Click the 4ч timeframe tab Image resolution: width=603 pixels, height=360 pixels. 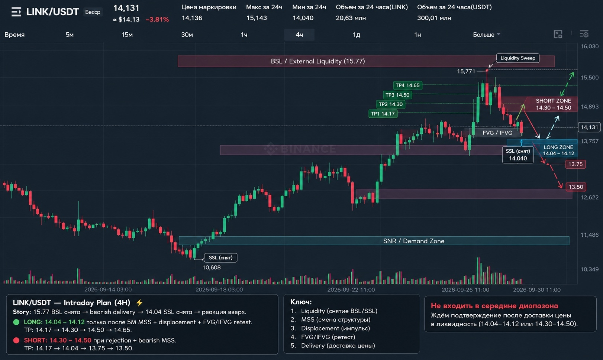click(299, 35)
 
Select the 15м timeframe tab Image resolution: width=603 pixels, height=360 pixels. click(127, 35)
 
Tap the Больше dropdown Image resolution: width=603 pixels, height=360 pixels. click(486, 35)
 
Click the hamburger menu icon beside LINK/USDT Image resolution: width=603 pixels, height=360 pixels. click(16, 12)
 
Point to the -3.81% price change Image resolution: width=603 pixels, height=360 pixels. click(157, 19)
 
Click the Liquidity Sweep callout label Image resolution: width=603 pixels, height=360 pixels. click(517, 58)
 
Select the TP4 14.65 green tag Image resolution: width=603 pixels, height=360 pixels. click(407, 85)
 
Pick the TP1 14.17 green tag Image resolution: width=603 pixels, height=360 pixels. click(383, 114)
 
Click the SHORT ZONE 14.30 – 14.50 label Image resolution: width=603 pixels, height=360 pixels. click(553, 104)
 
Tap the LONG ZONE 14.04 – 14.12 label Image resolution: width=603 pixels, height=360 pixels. click(558, 150)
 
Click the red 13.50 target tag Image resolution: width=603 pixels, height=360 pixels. click(575, 187)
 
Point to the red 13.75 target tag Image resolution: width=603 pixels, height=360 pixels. click(575, 164)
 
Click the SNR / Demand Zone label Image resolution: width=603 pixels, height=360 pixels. click(413, 241)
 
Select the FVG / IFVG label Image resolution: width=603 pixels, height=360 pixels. click(497, 133)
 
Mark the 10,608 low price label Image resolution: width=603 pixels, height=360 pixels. click(211, 267)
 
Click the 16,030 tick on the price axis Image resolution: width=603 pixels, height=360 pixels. click(589, 46)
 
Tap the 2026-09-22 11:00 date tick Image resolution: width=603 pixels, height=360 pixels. click(351, 289)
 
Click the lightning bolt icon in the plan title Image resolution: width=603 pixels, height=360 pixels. click(139, 303)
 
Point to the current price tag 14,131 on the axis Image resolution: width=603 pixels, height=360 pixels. click(589, 127)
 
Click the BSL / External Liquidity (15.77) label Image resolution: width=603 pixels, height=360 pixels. click(317, 61)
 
